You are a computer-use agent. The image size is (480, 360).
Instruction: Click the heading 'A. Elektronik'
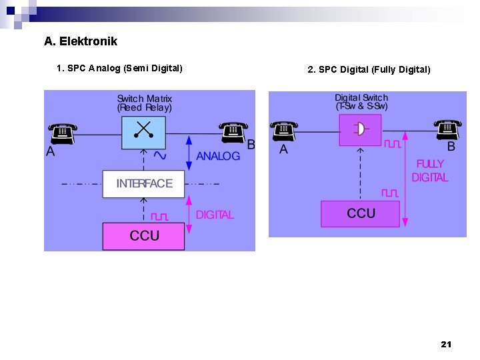tap(81, 41)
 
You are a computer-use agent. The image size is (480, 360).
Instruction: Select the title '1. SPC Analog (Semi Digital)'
tap(119, 68)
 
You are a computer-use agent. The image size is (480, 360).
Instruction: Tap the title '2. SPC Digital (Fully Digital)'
tap(369, 69)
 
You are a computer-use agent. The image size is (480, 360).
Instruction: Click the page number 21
tap(446, 344)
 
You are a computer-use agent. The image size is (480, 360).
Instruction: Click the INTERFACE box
tap(144, 183)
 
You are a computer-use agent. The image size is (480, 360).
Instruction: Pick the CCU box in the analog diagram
tap(144, 236)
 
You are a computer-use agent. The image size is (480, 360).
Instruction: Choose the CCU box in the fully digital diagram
tap(361, 213)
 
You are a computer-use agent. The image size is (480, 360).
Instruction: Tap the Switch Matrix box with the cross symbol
tap(143, 133)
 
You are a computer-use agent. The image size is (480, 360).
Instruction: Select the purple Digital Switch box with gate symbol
tap(360, 129)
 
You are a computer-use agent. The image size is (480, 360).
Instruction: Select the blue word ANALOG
tap(218, 156)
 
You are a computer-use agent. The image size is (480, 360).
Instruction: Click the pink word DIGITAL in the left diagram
tap(215, 215)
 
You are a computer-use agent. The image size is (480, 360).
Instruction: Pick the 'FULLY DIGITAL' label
tap(430, 171)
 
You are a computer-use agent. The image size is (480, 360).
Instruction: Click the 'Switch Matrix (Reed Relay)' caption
tap(144, 103)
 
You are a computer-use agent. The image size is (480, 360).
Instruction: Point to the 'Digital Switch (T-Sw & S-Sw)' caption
tap(361, 101)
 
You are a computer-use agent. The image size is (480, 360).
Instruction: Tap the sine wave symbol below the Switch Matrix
tap(160, 155)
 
